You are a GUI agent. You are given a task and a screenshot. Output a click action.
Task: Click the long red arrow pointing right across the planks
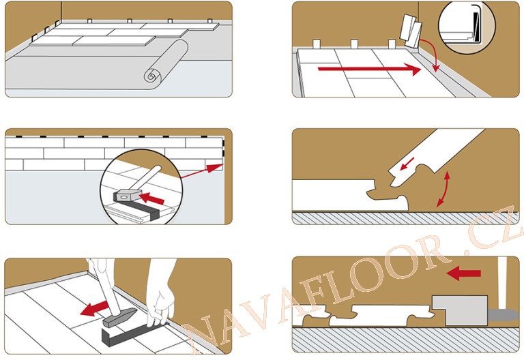[x=369, y=69]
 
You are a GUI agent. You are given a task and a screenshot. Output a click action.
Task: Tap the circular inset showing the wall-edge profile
[x=467, y=27]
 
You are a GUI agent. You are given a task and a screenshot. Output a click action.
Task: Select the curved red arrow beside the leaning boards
[x=431, y=53]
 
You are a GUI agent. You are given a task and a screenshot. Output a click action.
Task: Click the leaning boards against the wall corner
[x=411, y=31]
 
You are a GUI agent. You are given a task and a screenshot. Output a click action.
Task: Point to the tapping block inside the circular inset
[x=126, y=196]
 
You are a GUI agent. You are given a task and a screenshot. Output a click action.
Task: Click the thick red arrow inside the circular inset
[x=151, y=198]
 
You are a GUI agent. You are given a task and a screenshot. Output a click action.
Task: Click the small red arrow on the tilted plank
[x=407, y=164]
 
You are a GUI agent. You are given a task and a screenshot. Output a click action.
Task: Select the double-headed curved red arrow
[x=444, y=189]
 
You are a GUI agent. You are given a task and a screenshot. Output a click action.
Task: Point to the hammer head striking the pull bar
[x=119, y=318]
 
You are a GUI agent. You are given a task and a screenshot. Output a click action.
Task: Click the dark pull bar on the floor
[x=134, y=335]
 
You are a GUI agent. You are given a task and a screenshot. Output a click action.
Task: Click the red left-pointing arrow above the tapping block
[x=463, y=274]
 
